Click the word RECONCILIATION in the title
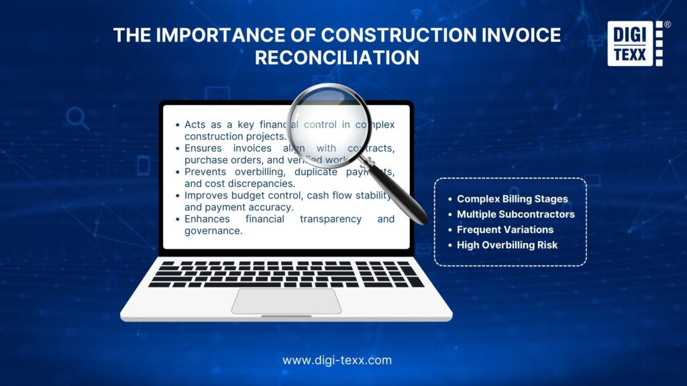pyautogui.click(x=337, y=58)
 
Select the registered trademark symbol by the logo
pyautogui.click(x=667, y=25)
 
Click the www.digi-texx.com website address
pyautogui.click(x=337, y=360)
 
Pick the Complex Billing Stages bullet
pyautogui.click(x=512, y=199)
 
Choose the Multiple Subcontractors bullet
pyautogui.click(x=515, y=214)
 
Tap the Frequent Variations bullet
pyautogui.click(x=505, y=230)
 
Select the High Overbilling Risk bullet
pyautogui.click(x=507, y=245)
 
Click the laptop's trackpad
pyautogui.click(x=286, y=301)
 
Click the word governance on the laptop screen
pyautogui.click(x=213, y=231)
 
